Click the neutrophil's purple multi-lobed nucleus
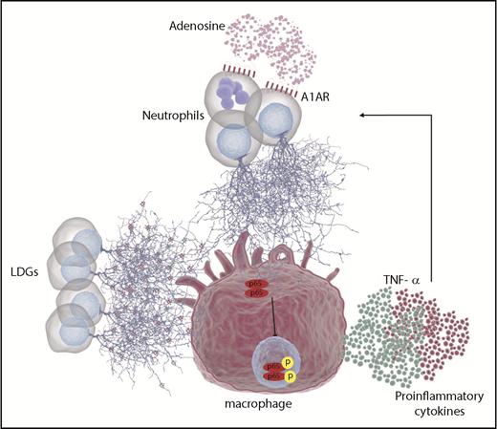[x=230, y=95]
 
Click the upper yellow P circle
[x=287, y=364]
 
